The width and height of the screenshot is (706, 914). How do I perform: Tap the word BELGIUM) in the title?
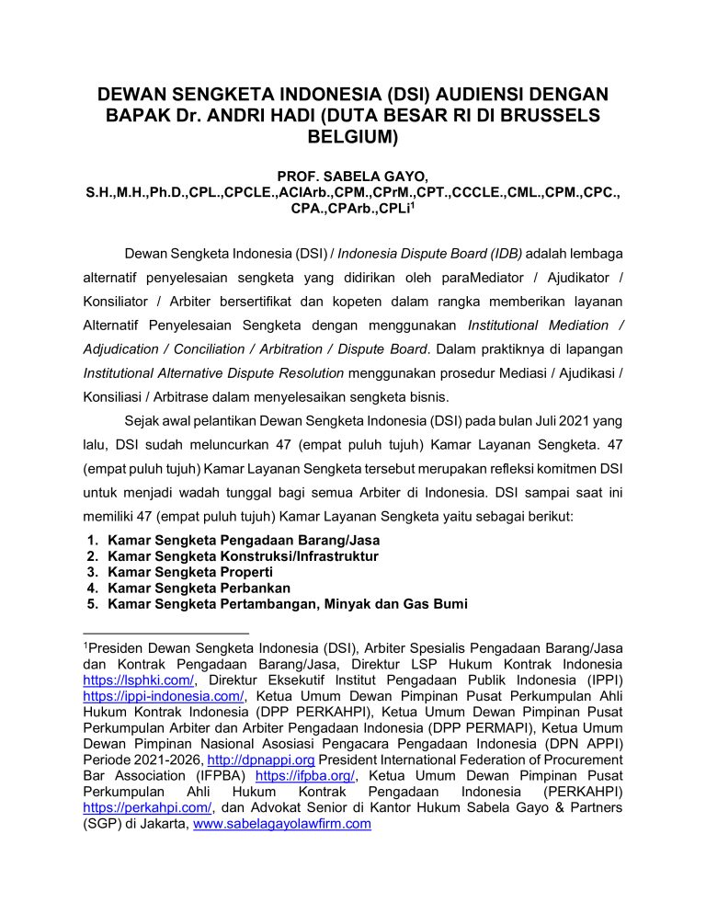pos(353,139)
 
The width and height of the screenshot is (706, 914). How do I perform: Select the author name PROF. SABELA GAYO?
pos(352,176)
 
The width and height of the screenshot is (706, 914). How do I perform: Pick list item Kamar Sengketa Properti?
pos(183,572)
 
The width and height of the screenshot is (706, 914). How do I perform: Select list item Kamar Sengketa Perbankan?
pos(199,588)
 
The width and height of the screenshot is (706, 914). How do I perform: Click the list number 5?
pos(92,604)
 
